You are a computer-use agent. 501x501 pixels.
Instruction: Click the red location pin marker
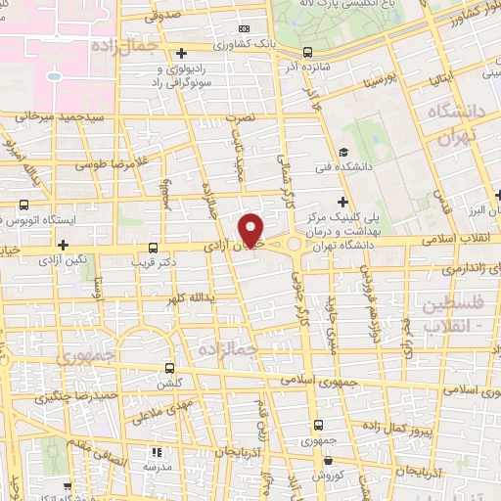(252, 230)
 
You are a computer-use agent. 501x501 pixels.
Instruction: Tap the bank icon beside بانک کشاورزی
(244, 29)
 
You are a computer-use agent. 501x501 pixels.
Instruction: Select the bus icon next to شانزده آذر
(308, 51)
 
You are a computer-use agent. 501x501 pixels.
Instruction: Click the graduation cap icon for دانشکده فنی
(343, 152)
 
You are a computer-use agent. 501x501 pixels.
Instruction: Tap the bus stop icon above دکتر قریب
(152, 248)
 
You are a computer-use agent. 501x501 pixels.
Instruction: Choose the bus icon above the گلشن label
(170, 369)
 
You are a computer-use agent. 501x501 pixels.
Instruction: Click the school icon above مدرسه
(157, 453)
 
